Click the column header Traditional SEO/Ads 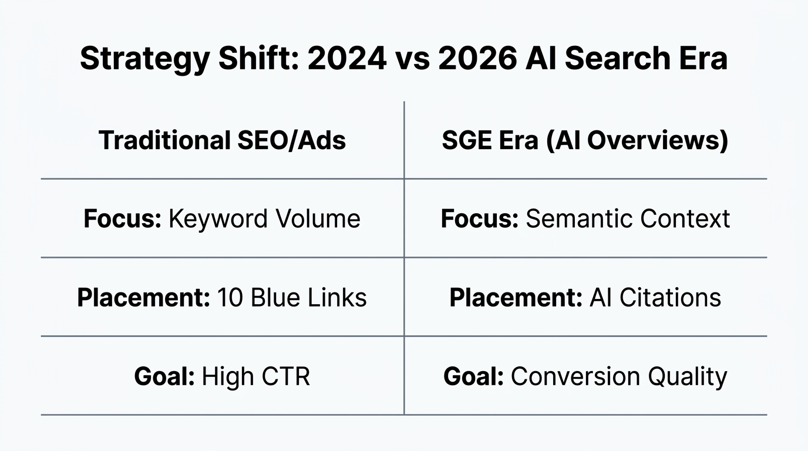tap(222, 140)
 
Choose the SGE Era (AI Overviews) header tap(585, 140)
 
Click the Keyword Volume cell tap(222, 219)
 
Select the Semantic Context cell tap(585, 219)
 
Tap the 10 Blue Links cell tap(222, 298)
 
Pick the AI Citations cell tap(585, 298)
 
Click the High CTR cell tap(222, 376)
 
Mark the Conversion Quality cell tap(585, 376)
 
